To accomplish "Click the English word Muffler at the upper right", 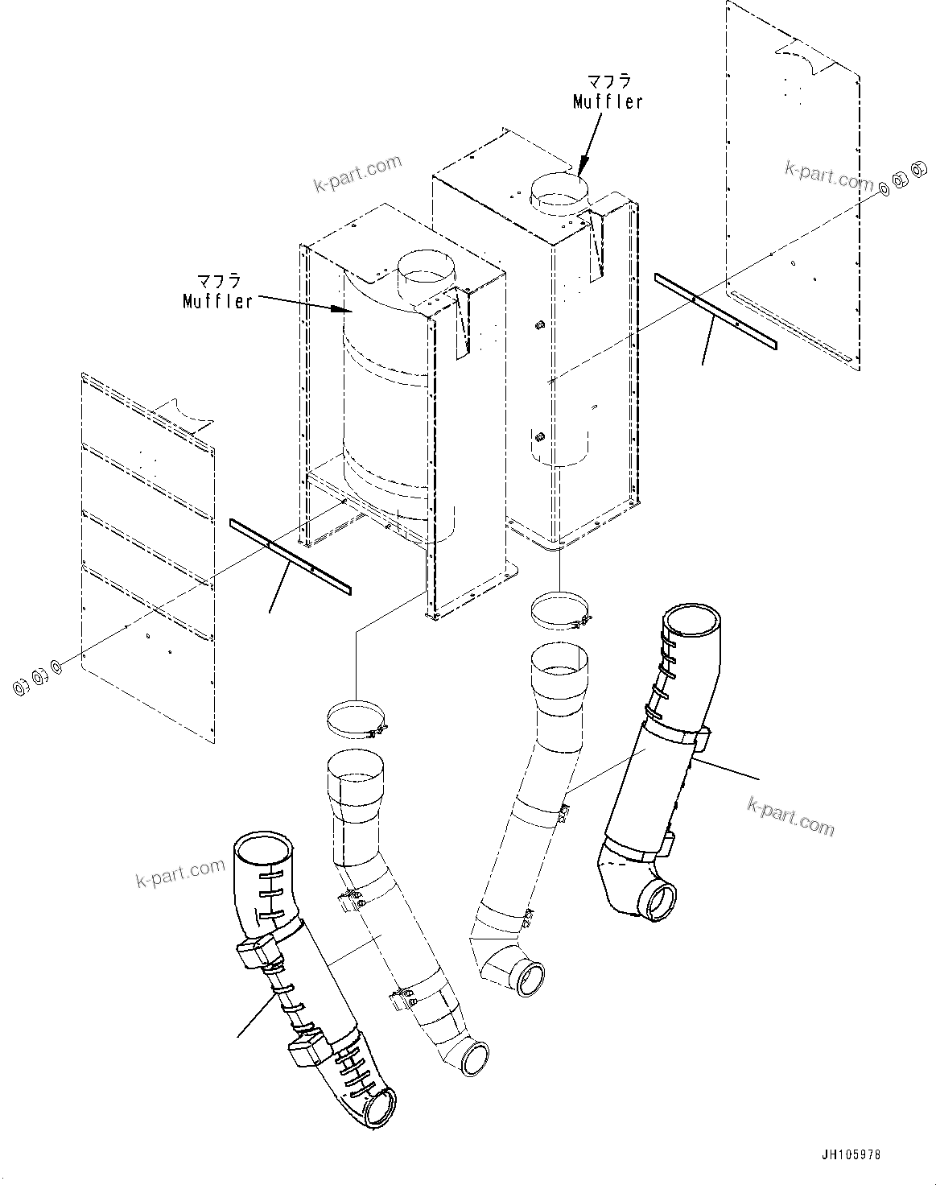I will pos(608,101).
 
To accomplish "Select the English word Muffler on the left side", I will pos(217,302).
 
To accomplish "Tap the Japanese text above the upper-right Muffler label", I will pos(608,81).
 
